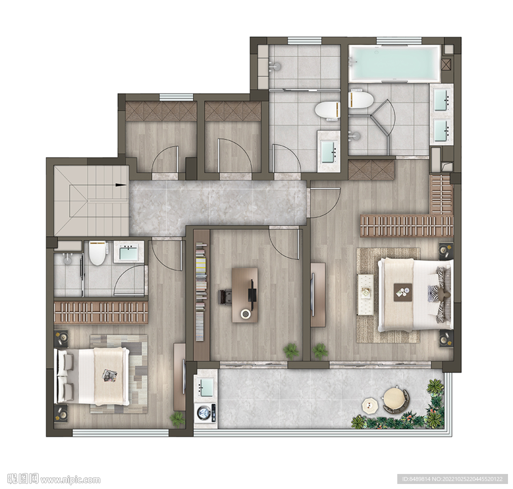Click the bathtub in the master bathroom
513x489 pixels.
tap(395, 64)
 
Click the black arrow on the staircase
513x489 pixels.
tap(121, 185)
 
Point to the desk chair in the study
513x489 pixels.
tap(225, 297)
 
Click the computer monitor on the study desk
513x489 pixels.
tap(251, 290)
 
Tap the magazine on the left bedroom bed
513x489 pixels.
tap(110, 375)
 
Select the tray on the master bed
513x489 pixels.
tap(403, 290)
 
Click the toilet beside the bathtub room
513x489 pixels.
tap(360, 99)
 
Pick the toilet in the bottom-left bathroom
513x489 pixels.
tap(97, 253)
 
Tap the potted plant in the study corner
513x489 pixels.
tap(291, 351)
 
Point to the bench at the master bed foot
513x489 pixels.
tap(366, 294)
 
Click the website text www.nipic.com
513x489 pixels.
tap(70, 479)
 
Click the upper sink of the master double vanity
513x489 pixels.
tap(442, 100)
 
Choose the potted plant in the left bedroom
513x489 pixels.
tap(178, 419)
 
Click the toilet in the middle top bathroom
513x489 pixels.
tap(328, 110)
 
